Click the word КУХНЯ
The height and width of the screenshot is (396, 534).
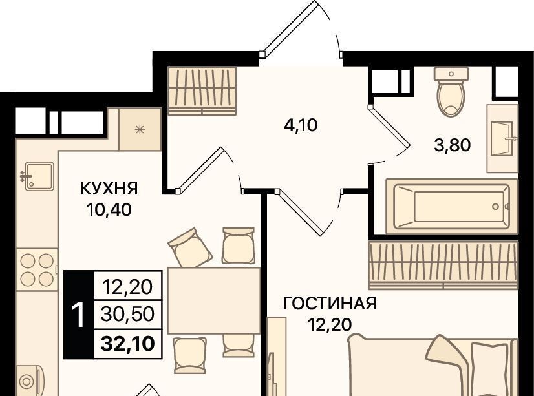pyautogui.click(x=109, y=189)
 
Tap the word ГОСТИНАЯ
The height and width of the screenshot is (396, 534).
pyautogui.click(x=330, y=304)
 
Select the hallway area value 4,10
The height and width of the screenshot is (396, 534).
pyautogui.click(x=301, y=125)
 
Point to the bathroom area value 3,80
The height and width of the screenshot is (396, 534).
pyautogui.click(x=453, y=145)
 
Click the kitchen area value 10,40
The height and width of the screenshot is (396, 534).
pyautogui.click(x=109, y=209)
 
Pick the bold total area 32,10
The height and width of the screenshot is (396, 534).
pyautogui.click(x=128, y=344)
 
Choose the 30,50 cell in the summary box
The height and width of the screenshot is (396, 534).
pyautogui.click(x=128, y=314)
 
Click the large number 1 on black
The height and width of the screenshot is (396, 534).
pyautogui.click(x=79, y=315)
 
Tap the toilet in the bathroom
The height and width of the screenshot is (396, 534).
pyautogui.click(x=451, y=92)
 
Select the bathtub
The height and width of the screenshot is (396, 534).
pyautogui.click(x=452, y=207)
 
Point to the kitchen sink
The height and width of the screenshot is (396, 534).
pyautogui.click(x=39, y=176)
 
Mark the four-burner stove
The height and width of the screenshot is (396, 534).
pyautogui.click(x=37, y=270)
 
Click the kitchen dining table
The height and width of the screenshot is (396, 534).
pyautogui.click(x=214, y=300)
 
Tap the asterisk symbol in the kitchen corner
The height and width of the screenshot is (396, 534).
pyautogui.click(x=140, y=129)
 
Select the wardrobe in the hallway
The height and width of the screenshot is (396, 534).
pyautogui.click(x=202, y=91)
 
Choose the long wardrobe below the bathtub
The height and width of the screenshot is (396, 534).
pyautogui.click(x=443, y=265)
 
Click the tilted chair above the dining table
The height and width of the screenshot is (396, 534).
pyautogui.click(x=190, y=247)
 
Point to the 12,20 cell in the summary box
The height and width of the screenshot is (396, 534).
pyautogui.click(x=128, y=287)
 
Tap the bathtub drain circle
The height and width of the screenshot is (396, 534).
pyautogui.click(x=495, y=206)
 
